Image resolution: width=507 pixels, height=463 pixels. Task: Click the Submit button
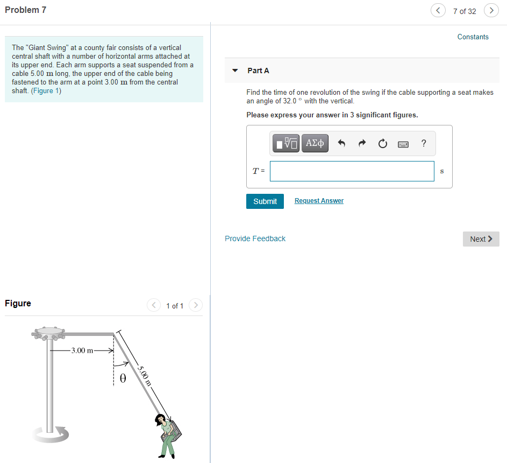[265, 201]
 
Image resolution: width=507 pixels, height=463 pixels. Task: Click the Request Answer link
[319, 201]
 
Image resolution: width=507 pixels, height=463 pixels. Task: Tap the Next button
[481, 239]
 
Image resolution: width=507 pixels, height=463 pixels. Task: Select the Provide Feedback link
[255, 238]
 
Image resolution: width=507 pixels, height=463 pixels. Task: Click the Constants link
[473, 37]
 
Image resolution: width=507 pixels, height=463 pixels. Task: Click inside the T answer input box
[352, 171]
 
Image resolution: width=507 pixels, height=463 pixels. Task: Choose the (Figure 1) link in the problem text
[46, 90]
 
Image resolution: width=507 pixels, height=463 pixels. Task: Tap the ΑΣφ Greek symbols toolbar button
[315, 143]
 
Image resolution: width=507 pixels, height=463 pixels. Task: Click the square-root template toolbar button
[287, 143]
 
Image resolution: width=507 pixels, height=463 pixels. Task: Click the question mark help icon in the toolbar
[424, 143]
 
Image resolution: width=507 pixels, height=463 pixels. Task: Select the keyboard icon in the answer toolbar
[403, 144]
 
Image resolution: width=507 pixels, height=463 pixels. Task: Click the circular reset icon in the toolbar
[382, 144]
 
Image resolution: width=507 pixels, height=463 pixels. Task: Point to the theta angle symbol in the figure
[123, 378]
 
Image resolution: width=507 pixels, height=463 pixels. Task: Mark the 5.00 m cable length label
[144, 376]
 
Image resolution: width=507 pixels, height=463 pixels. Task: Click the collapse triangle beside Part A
[235, 71]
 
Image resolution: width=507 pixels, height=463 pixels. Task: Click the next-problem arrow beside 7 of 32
[491, 11]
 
